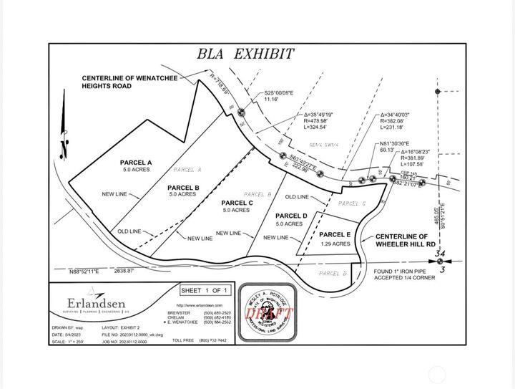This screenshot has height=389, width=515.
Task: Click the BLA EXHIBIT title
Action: (246, 53)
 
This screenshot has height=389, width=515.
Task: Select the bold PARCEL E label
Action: (334, 234)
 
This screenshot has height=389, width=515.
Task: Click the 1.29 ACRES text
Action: (335, 244)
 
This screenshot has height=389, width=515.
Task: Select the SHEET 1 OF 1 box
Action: (205, 290)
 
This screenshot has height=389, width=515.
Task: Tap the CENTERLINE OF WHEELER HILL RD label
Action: (402, 240)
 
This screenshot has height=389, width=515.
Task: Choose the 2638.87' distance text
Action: (115, 272)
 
